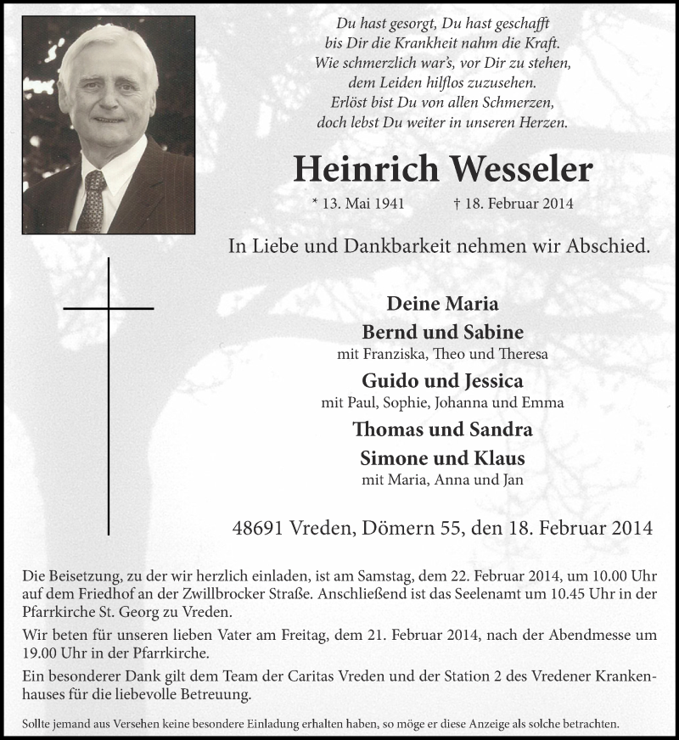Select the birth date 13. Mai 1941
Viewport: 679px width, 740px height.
(357, 204)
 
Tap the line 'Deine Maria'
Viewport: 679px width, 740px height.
(442, 303)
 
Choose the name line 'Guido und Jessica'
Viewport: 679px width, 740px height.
(442, 379)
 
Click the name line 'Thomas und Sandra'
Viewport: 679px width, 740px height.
(442, 429)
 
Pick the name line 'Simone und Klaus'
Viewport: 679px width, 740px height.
(442, 458)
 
